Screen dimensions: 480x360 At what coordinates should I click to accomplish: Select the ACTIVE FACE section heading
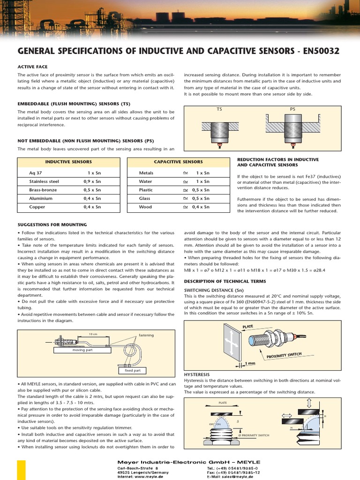coord(32,67)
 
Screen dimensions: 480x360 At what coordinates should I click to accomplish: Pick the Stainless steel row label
coord(44,181)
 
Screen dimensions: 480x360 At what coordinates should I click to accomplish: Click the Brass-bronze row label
coord(43,190)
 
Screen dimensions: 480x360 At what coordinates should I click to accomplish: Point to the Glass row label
coord(145,198)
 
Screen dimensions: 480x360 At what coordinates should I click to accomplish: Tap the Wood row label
coord(145,207)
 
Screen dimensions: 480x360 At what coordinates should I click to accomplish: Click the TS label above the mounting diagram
coord(219,109)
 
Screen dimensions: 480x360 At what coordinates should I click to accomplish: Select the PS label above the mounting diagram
coord(293,109)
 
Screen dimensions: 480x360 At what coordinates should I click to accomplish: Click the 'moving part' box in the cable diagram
coord(82,350)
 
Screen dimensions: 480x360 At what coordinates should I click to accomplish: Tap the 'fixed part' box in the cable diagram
coord(132,370)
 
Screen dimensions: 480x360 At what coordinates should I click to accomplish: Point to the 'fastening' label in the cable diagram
coord(146,335)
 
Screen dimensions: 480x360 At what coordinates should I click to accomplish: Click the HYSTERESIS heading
coord(196,375)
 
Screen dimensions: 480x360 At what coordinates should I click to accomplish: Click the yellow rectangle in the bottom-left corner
coord(21,470)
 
